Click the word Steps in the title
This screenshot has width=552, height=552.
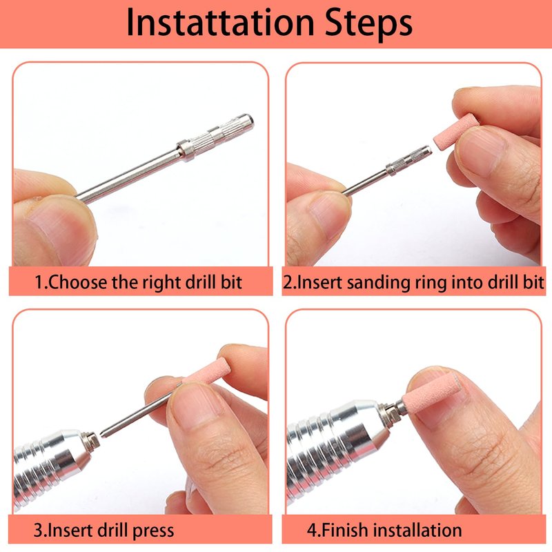coord(368,23)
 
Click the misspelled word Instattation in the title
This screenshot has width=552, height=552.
coord(220,23)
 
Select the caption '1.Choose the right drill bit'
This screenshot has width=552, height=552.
coord(139,283)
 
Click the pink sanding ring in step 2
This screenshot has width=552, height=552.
coord(456,131)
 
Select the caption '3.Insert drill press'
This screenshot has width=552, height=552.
coord(104,531)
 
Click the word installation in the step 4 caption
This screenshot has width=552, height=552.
coord(417,530)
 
